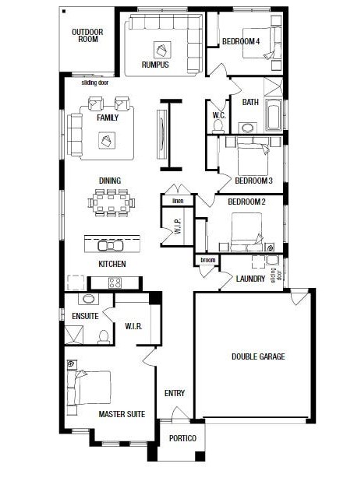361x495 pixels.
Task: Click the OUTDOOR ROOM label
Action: tap(87, 35)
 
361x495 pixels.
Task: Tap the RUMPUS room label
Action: tap(155, 65)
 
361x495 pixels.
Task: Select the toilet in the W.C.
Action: tap(218, 126)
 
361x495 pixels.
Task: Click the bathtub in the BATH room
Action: tap(273, 115)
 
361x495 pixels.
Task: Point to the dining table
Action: tap(111, 202)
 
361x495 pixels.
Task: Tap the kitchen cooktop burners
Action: tap(115, 283)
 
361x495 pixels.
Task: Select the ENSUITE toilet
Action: tap(104, 337)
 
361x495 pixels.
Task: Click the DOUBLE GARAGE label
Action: tap(258, 356)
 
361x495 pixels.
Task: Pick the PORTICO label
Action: tap(182, 438)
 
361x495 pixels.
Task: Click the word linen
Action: tap(178, 201)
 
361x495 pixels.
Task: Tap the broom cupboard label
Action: tap(208, 260)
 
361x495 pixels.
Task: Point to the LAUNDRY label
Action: tap(250, 279)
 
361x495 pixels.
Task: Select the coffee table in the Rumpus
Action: tap(162, 50)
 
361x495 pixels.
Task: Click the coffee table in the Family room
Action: tap(107, 140)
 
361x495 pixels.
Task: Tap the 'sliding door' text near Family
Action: tap(95, 82)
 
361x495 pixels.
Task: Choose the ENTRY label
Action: tap(175, 393)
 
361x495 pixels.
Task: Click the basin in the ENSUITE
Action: tap(88, 299)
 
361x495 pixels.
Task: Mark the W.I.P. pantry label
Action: tap(178, 226)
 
